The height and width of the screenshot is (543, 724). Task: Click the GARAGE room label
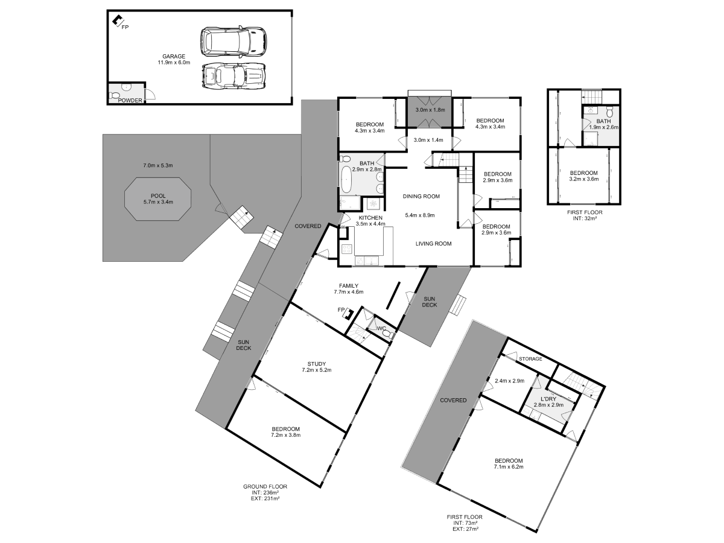coord(174,56)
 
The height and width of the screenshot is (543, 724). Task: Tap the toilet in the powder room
coord(116,95)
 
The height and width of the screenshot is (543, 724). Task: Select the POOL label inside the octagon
coord(157,195)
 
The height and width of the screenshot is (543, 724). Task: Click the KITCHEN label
coord(370,217)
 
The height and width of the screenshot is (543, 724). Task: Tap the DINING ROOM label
coord(421,196)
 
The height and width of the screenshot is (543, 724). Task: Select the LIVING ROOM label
coord(433,244)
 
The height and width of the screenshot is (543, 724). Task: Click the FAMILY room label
coord(349,286)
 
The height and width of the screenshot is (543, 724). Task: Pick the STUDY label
coord(317,363)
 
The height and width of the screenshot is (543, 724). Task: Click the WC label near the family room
coord(381,329)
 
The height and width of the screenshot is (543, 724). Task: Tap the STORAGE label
coord(531,359)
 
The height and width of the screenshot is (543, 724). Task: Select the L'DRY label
coord(548,399)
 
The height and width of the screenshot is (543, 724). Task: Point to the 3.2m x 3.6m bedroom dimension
coord(583,179)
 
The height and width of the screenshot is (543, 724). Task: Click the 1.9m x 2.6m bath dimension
coord(603,127)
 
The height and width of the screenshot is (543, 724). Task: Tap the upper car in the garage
coord(233,42)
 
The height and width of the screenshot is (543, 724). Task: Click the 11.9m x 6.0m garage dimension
coord(174,62)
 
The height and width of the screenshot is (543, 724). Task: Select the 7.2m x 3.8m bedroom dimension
coord(285,434)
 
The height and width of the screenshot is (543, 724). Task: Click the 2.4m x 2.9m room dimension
coord(509,381)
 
